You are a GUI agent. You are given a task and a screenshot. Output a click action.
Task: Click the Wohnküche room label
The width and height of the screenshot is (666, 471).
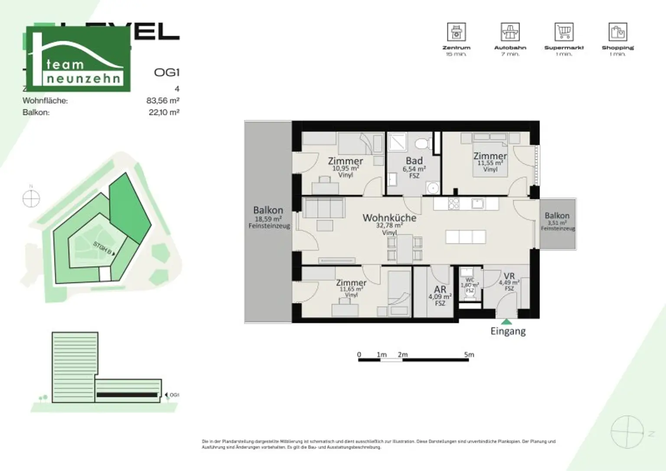pyautogui.click(x=389, y=218)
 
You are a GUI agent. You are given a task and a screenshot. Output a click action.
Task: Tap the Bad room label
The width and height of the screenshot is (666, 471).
pyautogui.click(x=414, y=161)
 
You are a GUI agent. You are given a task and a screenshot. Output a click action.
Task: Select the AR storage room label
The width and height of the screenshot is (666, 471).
pyautogui.click(x=440, y=290)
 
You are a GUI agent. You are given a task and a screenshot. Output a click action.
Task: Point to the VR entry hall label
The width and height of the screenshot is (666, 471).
pyautogui.click(x=509, y=276)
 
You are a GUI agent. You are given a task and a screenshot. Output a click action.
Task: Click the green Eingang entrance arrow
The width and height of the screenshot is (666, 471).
pyautogui.click(x=506, y=322)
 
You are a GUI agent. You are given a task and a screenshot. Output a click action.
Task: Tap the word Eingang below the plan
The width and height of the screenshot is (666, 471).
pyautogui.click(x=508, y=331)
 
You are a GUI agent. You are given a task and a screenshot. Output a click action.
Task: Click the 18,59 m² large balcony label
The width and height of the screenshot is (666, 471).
pyautogui.click(x=268, y=219)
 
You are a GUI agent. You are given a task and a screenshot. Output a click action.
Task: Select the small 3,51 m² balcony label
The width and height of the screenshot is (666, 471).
pyautogui.click(x=557, y=223)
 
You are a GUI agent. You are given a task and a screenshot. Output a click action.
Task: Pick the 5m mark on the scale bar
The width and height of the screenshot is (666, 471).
pyautogui.click(x=469, y=354)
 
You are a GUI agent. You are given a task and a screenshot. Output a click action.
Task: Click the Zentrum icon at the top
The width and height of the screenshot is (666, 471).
pyautogui.click(x=456, y=32)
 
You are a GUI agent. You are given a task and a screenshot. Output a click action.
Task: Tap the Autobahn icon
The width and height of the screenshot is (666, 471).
pyautogui.click(x=510, y=32)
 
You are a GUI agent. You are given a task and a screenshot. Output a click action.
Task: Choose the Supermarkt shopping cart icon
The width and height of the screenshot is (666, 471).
pyautogui.click(x=564, y=32)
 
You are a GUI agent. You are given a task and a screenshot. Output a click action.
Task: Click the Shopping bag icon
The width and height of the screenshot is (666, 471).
pyautogui.click(x=617, y=32)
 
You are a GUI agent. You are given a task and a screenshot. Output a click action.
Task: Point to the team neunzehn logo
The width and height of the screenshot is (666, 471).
pyautogui.click(x=78, y=59)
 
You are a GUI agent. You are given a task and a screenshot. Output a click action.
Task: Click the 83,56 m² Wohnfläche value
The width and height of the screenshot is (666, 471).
pyautogui.click(x=163, y=101)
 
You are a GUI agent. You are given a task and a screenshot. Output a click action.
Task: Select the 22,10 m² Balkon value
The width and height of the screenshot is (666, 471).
pyautogui.click(x=164, y=112)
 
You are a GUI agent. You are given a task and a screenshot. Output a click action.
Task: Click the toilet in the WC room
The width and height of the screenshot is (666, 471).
pyautogui.click(x=470, y=292)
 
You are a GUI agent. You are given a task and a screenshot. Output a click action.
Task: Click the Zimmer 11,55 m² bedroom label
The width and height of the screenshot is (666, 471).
pyautogui.click(x=490, y=156)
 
